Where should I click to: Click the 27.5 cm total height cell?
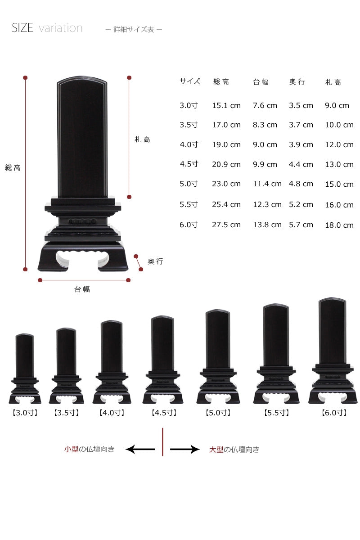click(226, 225)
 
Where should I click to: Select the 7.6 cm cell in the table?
click(265, 105)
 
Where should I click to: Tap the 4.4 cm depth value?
click(301, 164)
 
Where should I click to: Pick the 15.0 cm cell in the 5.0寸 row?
click(339, 184)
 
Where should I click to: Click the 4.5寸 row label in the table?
click(189, 164)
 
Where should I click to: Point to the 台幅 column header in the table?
click(261, 82)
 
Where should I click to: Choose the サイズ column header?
click(190, 81)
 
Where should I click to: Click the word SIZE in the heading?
click(22, 28)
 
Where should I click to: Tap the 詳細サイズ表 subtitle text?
click(134, 29)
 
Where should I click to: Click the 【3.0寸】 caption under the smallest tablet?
click(25, 413)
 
